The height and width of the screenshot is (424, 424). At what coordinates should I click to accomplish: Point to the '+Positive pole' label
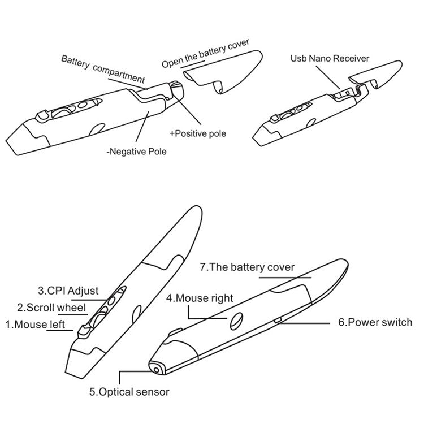(x=198, y=134)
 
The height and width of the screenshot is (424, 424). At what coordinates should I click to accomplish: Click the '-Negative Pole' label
(x=136, y=152)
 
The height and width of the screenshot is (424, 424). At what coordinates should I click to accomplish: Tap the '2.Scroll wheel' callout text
(x=51, y=308)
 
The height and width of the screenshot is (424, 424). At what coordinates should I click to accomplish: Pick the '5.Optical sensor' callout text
(x=129, y=391)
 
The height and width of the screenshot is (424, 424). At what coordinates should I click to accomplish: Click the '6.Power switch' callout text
(x=376, y=322)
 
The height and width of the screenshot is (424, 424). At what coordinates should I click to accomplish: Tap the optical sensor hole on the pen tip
(x=154, y=369)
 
